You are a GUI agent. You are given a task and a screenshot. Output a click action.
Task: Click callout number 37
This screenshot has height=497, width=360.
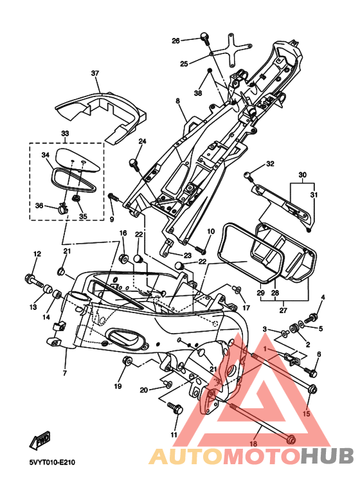pyautogui.click(x=95, y=73)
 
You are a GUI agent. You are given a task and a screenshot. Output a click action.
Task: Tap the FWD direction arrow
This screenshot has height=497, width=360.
pyautogui.click(x=40, y=441)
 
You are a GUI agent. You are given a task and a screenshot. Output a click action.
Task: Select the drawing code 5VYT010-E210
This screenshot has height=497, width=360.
pyautogui.click(x=52, y=462)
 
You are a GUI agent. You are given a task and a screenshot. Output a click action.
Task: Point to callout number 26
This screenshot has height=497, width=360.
pyautogui.click(x=175, y=41)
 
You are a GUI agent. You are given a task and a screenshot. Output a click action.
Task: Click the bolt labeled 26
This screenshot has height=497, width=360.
pyautogui.click(x=204, y=39)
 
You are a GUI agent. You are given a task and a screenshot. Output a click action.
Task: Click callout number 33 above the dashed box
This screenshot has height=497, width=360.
pyautogui.click(x=65, y=134)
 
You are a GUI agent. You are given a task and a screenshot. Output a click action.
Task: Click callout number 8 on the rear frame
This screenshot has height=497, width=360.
pyautogui.click(x=178, y=101)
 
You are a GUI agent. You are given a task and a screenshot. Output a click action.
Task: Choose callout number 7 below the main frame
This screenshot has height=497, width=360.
pyautogui.click(x=65, y=373)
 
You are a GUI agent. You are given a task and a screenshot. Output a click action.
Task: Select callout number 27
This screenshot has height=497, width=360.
pyautogui.click(x=283, y=310)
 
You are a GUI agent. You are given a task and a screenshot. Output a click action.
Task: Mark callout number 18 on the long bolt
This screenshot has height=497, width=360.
pyautogui.click(x=253, y=444)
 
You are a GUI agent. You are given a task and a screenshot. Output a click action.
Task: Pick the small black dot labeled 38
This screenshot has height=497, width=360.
pyautogui.click(x=209, y=69)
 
